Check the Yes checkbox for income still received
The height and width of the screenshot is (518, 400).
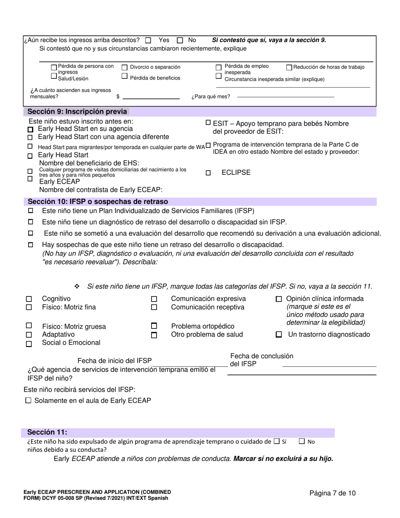click(x=148, y=40)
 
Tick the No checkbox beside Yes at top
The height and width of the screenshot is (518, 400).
click(x=180, y=40)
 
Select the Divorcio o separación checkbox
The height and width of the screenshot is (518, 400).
click(x=125, y=67)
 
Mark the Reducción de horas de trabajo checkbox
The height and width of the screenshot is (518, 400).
click(x=289, y=67)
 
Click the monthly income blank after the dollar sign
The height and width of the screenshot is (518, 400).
click(x=151, y=96)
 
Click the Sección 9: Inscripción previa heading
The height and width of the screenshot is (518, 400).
click(x=77, y=112)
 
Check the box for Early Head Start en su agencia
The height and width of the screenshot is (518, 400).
click(x=30, y=129)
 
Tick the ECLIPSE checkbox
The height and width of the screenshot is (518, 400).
click(x=208, y=173)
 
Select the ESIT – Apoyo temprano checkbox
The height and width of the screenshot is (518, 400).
click(x=208, y=123)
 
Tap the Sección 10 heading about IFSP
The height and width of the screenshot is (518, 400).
click(x=98, y=201)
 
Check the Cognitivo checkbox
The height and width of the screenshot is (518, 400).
click(x=29, y=299)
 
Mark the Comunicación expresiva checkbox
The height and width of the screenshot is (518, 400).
click(x=154, y=299)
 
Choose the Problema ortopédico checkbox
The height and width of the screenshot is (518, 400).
click(x=154, y=326)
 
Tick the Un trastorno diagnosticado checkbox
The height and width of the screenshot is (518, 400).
click(x=278, y=335)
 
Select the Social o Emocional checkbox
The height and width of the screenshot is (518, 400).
click(x=29, y=344)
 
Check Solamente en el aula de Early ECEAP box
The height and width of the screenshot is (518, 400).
click(x=28, y=401)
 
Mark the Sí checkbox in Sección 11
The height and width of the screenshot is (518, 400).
click(x=276, y=441)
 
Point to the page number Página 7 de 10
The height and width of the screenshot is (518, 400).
click(x=332, y=493)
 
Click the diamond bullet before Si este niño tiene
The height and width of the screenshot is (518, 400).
click(x=77, y=287)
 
